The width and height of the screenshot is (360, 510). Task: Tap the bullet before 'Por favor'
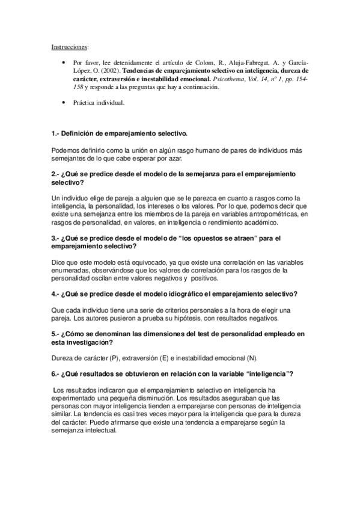pyautogui.click(x=65, y=62)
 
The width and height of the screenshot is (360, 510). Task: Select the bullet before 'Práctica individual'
pyautogui.click(x=65, y=103)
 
